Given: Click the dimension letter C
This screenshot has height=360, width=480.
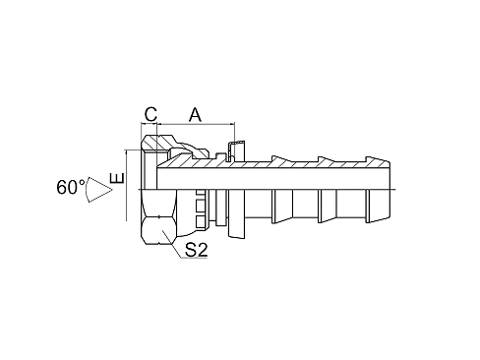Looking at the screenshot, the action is point(150,114).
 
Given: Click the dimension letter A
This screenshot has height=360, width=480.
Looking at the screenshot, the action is point(195,114).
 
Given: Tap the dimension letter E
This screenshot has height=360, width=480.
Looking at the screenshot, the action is point(117,178).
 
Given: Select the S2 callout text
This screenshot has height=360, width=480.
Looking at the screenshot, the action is point(196,250).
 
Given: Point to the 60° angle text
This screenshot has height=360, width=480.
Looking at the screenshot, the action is point(71,187).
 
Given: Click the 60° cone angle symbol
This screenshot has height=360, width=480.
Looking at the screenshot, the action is point(98,190).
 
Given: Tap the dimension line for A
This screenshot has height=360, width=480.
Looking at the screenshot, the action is point(196,124).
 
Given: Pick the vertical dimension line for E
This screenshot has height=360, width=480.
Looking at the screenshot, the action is point(126,185).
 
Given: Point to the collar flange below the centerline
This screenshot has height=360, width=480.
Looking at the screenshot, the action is point(236,213).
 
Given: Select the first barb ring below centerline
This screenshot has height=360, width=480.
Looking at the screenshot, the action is point(281,206).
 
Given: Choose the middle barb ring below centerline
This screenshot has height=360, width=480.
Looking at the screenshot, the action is point(328,206).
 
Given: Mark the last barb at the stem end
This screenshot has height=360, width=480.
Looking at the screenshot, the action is point(378,206).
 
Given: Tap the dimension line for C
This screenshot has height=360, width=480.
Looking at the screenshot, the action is point(150,124).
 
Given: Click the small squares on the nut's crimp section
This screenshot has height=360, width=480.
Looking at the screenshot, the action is point(200,209).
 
